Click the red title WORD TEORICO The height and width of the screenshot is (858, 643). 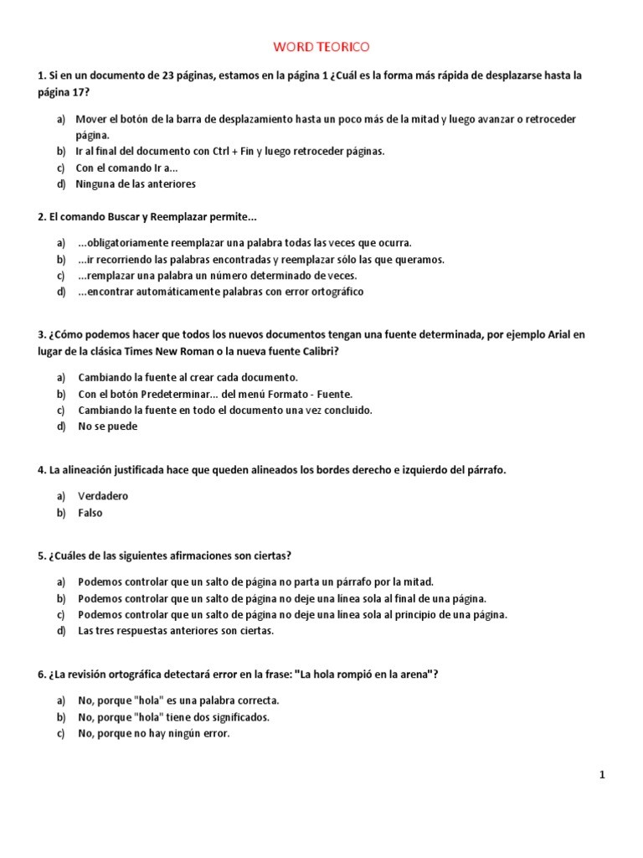pos(321,48)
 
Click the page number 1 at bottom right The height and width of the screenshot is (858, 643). pos(602,775)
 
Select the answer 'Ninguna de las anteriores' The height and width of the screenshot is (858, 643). pos(136,183)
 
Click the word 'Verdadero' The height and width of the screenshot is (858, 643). pos(103,496)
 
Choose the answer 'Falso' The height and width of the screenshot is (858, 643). pos(90,513)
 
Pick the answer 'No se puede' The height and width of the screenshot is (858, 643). pos(108,426)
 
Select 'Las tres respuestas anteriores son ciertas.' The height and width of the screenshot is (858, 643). pos(176,631)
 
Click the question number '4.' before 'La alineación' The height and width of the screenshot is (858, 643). pos(42,470)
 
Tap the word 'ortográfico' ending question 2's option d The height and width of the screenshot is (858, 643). pos(335,292)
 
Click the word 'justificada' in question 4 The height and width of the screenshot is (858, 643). pos(135,470)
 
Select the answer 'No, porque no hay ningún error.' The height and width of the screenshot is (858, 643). pos(153,733)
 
